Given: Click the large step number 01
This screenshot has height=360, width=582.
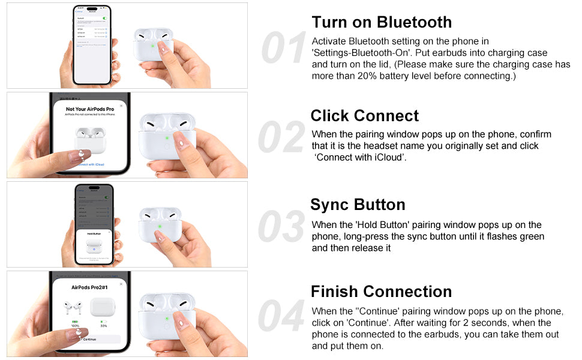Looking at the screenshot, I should click(x=284, y=48).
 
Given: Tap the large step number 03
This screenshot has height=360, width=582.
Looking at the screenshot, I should click(x=281, y=227).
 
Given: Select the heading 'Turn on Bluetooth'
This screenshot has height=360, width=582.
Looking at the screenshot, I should click(x=382, y=22).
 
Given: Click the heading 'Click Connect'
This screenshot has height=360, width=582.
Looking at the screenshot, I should click(x=365, y=116).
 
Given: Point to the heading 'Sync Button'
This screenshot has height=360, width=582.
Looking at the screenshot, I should click(x=358, y=205).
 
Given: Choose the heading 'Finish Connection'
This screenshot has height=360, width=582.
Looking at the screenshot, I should click(x=381, y=292).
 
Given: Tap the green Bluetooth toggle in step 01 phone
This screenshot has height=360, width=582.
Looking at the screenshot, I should click(x=105, y=19).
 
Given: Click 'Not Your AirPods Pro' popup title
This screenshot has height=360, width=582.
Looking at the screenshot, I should click(x=90, y=109).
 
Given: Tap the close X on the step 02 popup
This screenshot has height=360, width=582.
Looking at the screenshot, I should click(x=121, y=105).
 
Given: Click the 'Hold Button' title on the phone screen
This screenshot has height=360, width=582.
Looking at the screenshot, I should click(x=94, y=233).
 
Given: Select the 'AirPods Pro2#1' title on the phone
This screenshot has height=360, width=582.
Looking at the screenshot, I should click(x=89, y=287).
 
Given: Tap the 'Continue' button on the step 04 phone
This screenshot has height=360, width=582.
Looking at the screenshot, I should click(x=89, y=339).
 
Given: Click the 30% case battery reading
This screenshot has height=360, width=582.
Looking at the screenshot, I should click(x=103, y=326).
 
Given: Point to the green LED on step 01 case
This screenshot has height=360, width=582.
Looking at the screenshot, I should click(x=154, y=45).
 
